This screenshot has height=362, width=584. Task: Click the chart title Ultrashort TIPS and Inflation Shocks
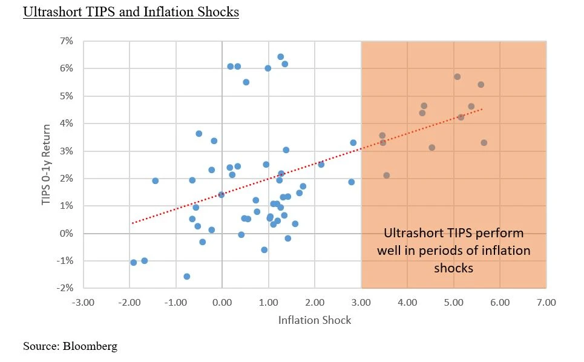131,12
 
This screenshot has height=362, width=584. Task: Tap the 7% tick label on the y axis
65,41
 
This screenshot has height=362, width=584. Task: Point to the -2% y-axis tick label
64,288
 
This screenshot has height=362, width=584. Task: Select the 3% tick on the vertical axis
65,151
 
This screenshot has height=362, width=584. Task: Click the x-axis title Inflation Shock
314,320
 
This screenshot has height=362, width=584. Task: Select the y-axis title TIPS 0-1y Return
47,163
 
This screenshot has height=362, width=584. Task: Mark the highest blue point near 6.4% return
280,57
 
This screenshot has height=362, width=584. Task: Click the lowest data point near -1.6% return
187,276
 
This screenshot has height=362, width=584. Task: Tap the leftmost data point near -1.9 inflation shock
134,262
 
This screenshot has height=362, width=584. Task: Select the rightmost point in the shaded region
484,143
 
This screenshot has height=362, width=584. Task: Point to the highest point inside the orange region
458,77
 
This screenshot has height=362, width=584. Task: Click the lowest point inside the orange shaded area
387,176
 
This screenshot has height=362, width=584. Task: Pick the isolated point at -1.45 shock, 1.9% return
155,181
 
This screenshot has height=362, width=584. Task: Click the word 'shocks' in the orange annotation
454,267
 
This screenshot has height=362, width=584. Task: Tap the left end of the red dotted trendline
133,223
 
